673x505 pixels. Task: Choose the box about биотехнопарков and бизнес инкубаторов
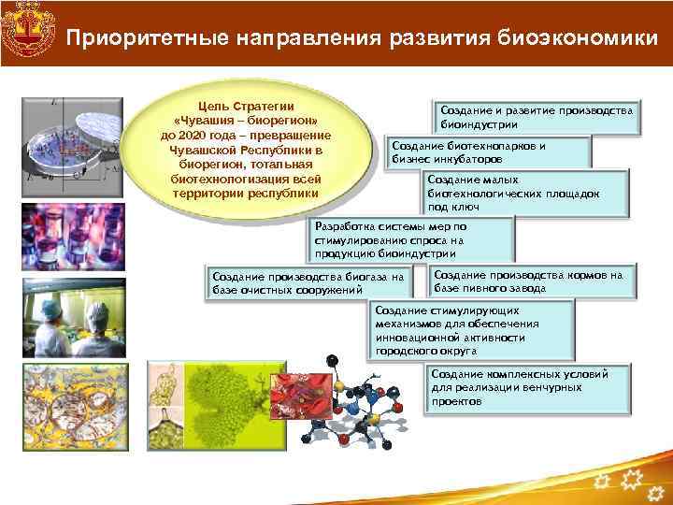click(489, 152)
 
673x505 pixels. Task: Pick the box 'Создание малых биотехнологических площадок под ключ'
click(512, 193)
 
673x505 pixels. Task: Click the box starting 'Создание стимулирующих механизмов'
click(455, 330)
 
